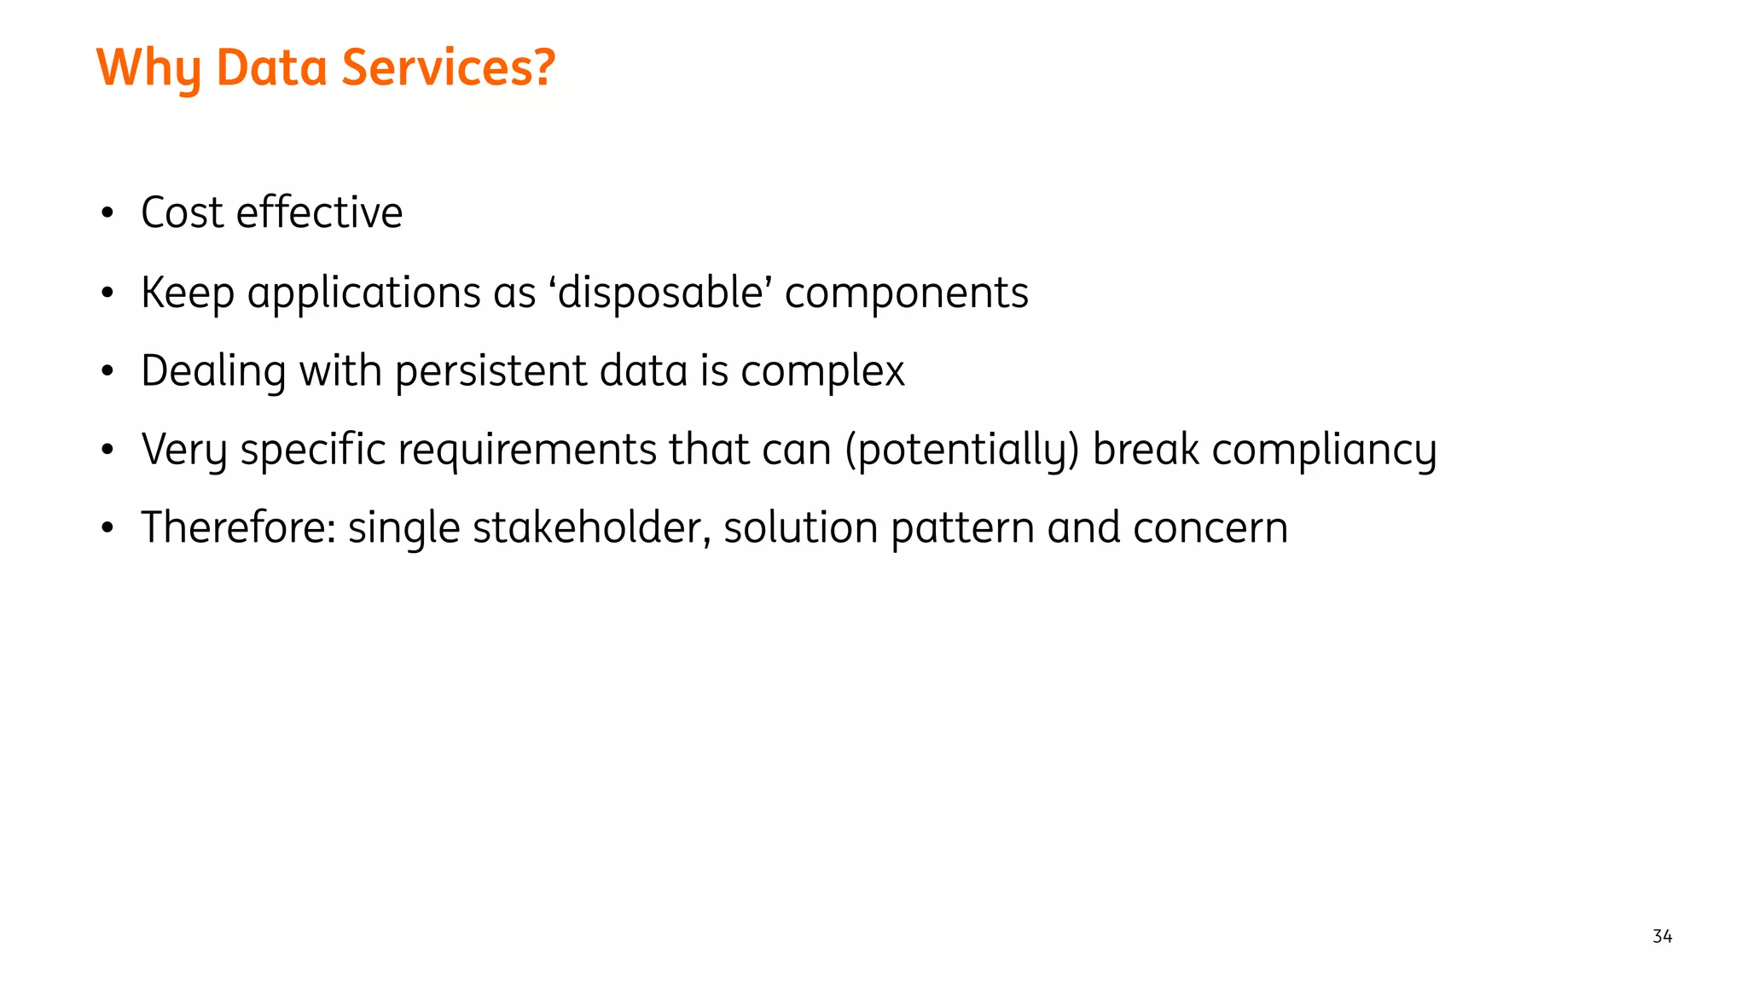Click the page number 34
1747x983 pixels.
[x=1662, y=936]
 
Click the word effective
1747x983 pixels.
[x=319, y=212]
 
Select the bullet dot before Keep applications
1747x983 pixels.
[x=107, y=293]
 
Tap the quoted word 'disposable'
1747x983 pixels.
[x=660, y=293]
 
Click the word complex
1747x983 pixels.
[x=821, y=372]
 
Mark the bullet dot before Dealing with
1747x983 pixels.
[x=107, y=371]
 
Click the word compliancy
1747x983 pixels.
[x=1324, y=451]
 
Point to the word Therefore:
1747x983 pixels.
[x=238, y=527]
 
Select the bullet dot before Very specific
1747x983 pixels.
[x=107, y=450]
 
